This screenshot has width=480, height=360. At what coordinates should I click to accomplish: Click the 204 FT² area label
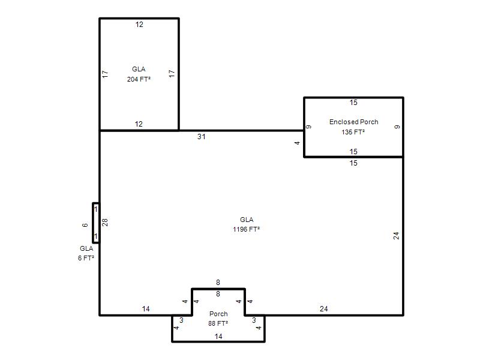pyautogui.click(x=139, y=79)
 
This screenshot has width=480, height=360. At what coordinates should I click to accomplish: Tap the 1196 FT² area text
pyautogui.click(x=246, y=229)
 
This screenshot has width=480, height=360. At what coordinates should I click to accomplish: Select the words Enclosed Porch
pyautogui.click(x=353, y=122)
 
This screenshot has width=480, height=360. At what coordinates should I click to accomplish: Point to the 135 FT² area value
pyautogui.click(x=353, y=132)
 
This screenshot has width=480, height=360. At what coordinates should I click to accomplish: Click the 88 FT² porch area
pyautogui.click(x=218, y=323)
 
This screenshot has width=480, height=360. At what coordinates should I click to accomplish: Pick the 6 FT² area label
pyautogui.click(x=86, y=258)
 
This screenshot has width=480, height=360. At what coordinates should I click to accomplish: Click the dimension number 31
pyautogui.click(x=201, y=137)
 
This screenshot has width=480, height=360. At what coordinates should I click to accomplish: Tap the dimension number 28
pyautogui.click(x=105, y=222)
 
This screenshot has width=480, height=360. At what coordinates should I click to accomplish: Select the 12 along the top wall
pyautogui.click(x=139, y=25)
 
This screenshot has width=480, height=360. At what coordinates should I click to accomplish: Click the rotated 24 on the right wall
pyautogui.click(x=396, y=236)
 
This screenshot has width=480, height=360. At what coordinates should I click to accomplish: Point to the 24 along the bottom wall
pyautogui.click(x=323, y=309)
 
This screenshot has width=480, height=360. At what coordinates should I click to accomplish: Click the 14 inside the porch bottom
pyautogui.click(x=218, y=337)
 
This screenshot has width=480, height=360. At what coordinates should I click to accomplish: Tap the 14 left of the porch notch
pyautogui.click(x=146, y=309)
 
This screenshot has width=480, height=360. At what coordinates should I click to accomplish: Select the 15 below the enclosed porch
pyautogui.click(x=353, y=163)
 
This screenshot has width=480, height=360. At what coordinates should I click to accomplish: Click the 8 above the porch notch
pyautogui.click(x=218, y=282)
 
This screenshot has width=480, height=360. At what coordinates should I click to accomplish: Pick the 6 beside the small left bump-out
pyautogui.click(x=85, y=225)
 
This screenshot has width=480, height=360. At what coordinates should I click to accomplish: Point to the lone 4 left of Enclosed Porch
pyautogui.click(x=297, y=143)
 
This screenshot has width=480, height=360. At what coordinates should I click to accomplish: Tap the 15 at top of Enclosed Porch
pyautogui.click(x=353, y=103)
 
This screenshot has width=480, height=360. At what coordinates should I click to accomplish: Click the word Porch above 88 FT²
pyautogui.click(x=218, y=314)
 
